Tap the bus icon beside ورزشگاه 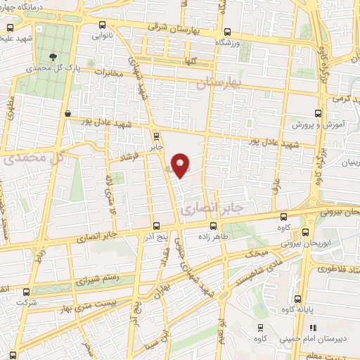[x=226, y=31]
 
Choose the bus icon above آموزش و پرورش [x=318, y=112]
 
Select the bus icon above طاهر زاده [x=213, y=226]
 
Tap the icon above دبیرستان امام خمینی [x=312, y=327]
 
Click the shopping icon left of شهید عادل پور [x=67, y=113]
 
